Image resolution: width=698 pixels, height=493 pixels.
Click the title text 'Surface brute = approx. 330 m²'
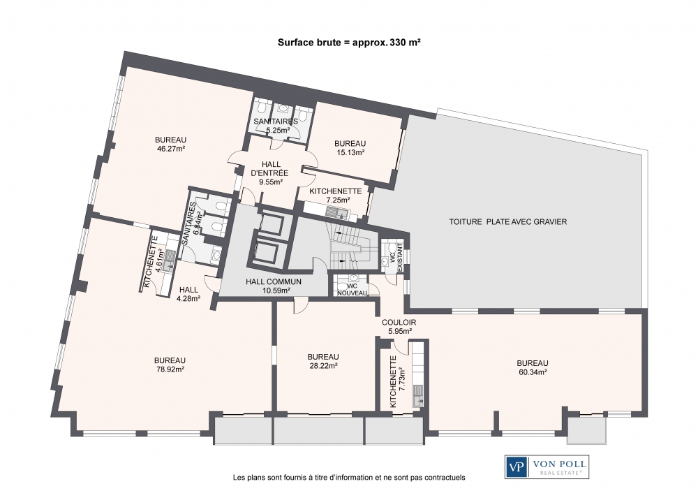[x=349, y=42]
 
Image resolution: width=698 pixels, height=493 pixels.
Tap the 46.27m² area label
[x=170, y=149]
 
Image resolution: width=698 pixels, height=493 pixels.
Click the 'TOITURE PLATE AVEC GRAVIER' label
[x=507, y=221]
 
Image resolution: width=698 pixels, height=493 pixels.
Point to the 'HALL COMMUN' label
[x=274, y=282]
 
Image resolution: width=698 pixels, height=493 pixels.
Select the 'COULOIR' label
[x=398, y=322]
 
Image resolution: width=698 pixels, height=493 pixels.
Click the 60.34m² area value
[x=532, y=372]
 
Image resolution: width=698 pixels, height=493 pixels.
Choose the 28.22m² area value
[x=323, y=365]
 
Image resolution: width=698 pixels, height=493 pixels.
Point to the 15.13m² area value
[x=350, y=152]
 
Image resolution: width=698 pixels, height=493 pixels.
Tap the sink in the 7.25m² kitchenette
[x=342, y=212]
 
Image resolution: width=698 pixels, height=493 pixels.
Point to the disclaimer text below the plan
[x=348, y=478]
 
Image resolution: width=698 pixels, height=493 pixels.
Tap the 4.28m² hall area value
[x=188, y=299]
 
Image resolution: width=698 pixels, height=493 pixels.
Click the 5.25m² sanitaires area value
[x=276, y=130]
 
